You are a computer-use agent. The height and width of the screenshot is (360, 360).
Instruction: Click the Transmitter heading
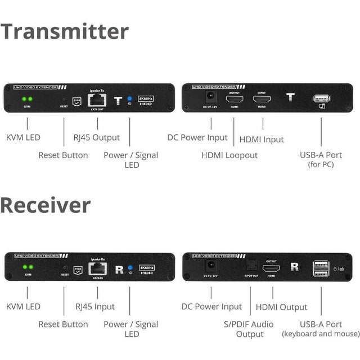[x=65, y=31]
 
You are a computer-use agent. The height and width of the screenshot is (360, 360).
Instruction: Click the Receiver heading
[x=46, y=205]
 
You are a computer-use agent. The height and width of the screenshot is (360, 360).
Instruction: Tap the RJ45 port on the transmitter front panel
[x=96, y=101]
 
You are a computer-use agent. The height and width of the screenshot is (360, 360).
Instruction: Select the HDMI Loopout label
[x=229, y=155]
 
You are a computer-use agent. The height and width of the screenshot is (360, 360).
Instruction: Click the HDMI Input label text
[x=262, y=139]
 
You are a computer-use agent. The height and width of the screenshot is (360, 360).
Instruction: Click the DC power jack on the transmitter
[x=211, y=98]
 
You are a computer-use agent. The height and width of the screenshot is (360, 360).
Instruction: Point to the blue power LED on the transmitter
[x=129, y=98]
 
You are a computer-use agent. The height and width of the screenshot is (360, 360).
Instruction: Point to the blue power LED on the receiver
[x=129, y=267]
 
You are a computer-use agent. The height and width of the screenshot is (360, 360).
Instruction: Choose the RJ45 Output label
[x=98, y=137]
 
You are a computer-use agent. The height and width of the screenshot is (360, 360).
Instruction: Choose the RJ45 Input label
[x=94, y=307]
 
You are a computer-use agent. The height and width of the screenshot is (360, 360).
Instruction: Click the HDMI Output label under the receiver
[x=281, y=307]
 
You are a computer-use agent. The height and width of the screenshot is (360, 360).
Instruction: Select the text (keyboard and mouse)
[x=321, y=334]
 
